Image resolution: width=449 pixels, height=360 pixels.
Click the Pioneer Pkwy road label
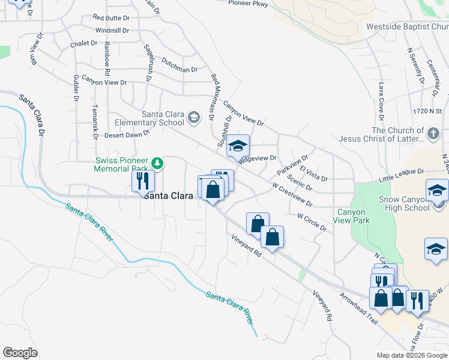coord(248,3)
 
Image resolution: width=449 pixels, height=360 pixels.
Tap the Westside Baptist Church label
coord(407,26)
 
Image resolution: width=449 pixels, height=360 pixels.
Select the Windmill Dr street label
coord(113,30)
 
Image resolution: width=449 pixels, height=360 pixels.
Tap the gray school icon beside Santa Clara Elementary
coord(193,117)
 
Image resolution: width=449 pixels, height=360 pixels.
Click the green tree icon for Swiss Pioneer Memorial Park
coord(157,163)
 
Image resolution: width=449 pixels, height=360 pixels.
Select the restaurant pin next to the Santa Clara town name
coord(143,181)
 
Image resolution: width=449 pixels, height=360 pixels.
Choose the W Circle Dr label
coord(311,221)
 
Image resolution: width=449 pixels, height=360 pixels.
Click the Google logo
coord(20,353)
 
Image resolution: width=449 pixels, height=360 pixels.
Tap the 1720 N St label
coord(427,111)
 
